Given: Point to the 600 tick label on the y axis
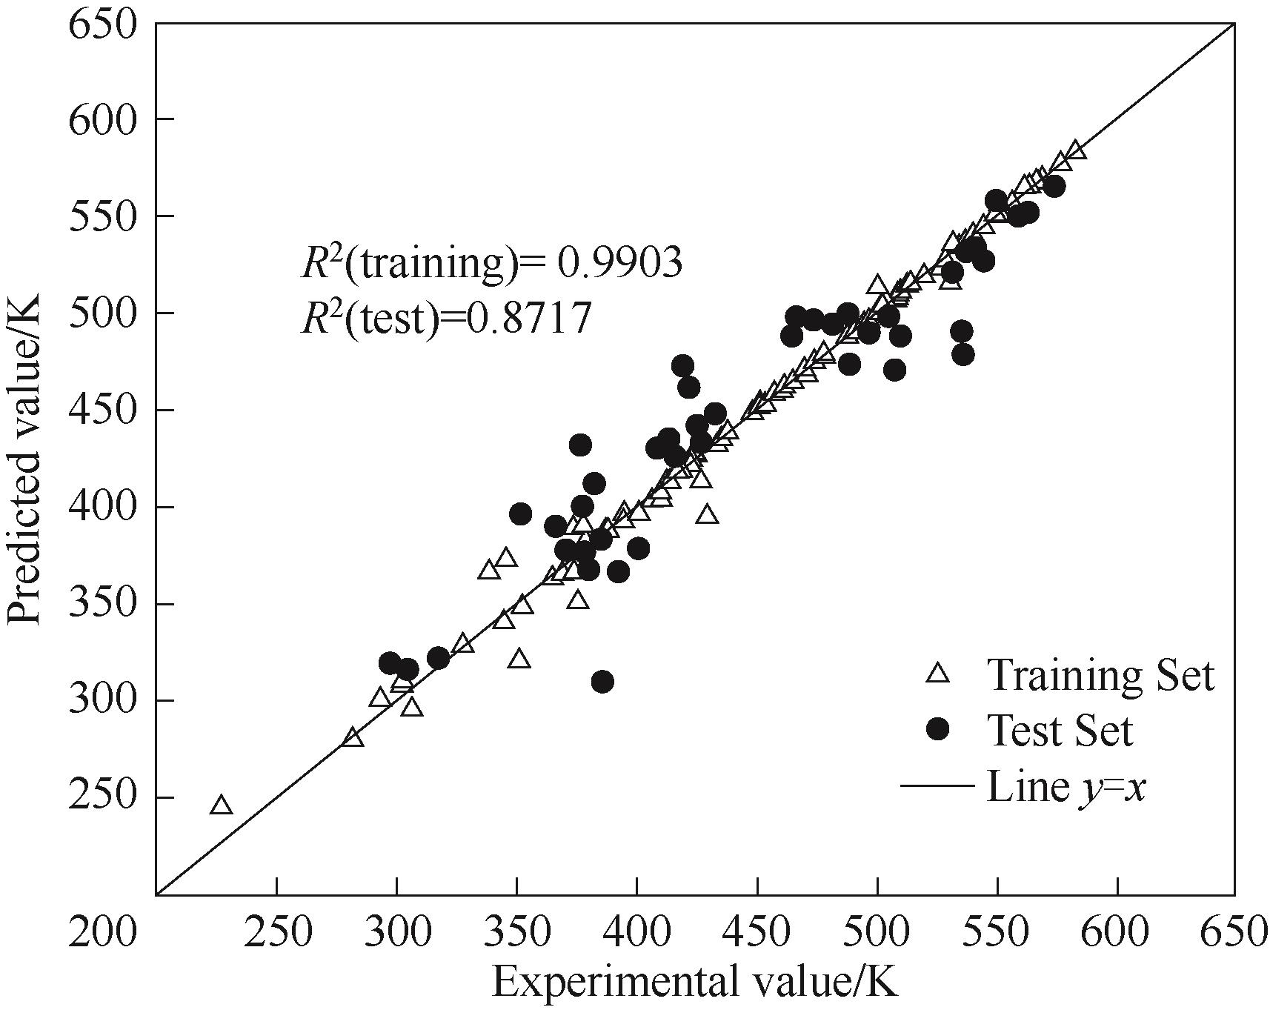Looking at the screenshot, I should (x=102, y=119).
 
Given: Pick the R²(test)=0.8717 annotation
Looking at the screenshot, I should (x=446, y=319).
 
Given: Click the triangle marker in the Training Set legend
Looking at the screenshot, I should (x=938, y=673).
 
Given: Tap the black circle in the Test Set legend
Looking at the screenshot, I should (x=938, y=730).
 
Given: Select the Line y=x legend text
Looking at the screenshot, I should (x=1066, y=786).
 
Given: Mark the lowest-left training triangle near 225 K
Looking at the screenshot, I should (x=221, y=805).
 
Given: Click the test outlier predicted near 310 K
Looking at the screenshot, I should (x=602, y=682).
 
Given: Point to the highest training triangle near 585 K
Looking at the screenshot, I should (x=1076, y=150).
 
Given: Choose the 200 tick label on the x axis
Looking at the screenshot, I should (x=102, y=931).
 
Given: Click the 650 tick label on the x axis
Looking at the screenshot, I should (x=1234, y=931).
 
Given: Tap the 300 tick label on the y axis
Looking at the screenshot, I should (x=102, y=700).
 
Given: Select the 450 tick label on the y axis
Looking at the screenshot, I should (x=102, y=410).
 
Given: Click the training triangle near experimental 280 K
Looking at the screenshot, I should (x=353, y=737).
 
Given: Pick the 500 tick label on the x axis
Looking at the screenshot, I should (x=877, y=931).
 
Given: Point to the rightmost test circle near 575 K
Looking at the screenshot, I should (x=1054, y=187).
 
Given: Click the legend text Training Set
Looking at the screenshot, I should (x=1100, y=674).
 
